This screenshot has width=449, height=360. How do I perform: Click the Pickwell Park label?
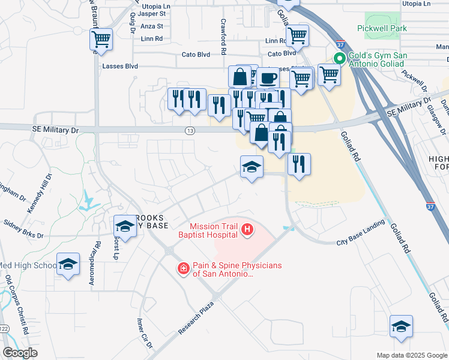coord(381,28)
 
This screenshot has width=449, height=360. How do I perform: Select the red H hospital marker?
coord(247,229)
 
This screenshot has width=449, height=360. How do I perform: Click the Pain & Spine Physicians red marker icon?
coord(183,269)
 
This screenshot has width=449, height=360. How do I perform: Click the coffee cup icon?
coord(268,77)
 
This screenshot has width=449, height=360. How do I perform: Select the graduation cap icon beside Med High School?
coord(68,264)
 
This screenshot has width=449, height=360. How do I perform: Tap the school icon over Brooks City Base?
coord(124,226)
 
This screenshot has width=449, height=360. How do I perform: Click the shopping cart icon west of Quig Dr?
coord(101,40)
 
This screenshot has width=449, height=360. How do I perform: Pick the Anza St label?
coord(151,26)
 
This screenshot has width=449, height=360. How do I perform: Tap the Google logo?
coord(20,353)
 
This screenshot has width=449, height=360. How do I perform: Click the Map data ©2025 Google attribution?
coord(411,355)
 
